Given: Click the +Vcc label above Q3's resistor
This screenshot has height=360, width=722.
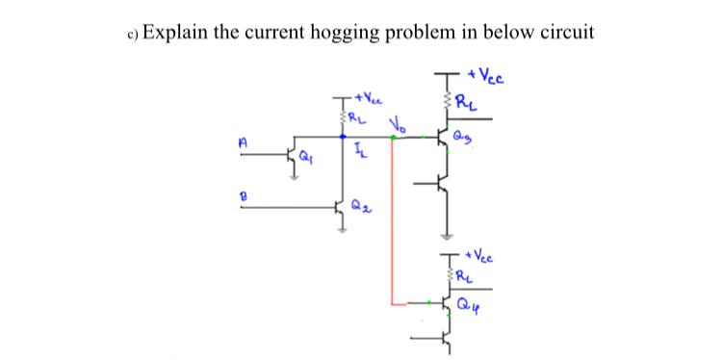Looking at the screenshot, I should click(x=486, y=76).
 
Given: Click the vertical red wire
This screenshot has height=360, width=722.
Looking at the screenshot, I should click(x=391, y=221).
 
